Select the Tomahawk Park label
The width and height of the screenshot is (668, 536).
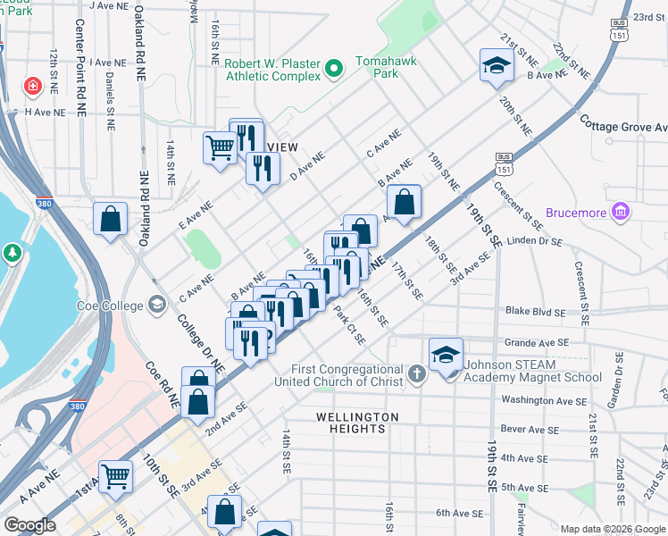(377, 68)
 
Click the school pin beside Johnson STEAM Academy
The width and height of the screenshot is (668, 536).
(446, 354)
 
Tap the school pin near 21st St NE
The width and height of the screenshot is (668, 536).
(497, 64)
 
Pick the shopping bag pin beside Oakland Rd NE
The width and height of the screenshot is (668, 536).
(110, 219)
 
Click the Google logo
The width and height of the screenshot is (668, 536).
(30, 525)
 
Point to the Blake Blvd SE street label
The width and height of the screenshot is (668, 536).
(535, 313)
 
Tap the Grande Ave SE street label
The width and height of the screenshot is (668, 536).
(537, 342)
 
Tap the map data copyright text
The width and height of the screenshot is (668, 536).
(612, 528)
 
